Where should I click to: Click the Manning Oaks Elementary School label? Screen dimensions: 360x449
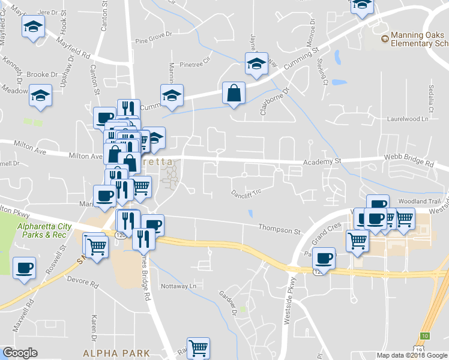(x=419, y=40)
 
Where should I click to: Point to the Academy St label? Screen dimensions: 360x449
(x=322, y=161)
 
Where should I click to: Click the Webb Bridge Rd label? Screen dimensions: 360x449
(x=409, y=163)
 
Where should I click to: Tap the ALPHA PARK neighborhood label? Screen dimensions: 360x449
(x=116, y=353)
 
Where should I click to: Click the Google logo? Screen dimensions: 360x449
(x=20, y=353)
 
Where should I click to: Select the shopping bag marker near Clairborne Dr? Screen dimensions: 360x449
(x=234, y=94)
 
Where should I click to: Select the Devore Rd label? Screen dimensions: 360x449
(x=83, y=281)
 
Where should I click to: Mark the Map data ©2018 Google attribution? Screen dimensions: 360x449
(x=412, y=355)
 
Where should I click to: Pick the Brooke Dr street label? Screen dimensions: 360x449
(x=42, y=75)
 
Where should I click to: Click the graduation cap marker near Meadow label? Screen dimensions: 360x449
(x=41, y=96)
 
